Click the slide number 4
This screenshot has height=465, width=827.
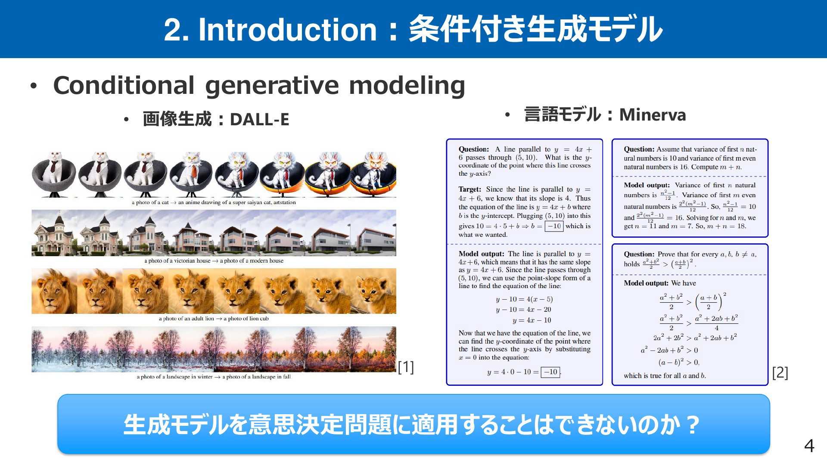tap(809, 446)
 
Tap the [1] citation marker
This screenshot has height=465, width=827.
tap(406, 367)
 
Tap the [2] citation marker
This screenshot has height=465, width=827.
tap(780, 372)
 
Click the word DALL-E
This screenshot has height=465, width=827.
tap(259, 119)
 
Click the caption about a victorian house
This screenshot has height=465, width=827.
tap(214, 260)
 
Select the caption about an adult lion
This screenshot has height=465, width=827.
tap(214, 319)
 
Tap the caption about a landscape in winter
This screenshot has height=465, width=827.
tap(214, 377)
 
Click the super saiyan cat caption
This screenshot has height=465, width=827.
tap(214, 202)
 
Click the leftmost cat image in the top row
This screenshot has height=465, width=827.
tap(54, 174)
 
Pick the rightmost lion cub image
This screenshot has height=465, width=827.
tap(373, 291)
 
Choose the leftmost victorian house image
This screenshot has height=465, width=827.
tap(54, 233)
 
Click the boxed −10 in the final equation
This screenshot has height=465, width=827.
tap(551, 372)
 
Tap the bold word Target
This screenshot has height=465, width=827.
tap(469, 189)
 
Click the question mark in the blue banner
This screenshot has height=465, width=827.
tap(692, 425)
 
